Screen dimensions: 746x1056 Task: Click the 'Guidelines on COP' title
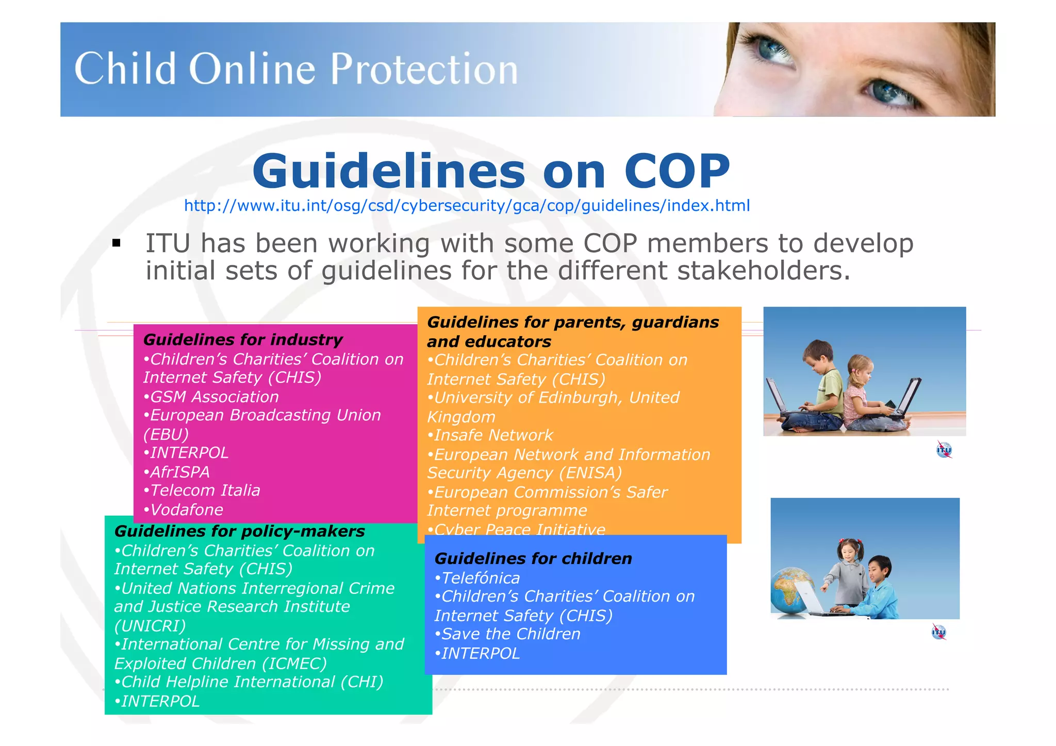(x=491, y=171)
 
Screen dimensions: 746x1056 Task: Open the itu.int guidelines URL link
(x=467, y=206)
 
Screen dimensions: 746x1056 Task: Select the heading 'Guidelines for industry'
(x=243, y=340)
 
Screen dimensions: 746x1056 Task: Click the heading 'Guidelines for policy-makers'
(x=239, y=531)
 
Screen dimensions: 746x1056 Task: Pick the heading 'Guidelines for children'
(x=533, y=558)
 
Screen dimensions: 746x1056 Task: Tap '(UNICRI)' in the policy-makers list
(x=150, y=626)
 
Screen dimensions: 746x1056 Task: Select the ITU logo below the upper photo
(x=944, y=450)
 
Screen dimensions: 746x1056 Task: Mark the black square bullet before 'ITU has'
(x=117, y=243)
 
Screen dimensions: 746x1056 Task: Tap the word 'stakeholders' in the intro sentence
(x=763, y=271)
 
